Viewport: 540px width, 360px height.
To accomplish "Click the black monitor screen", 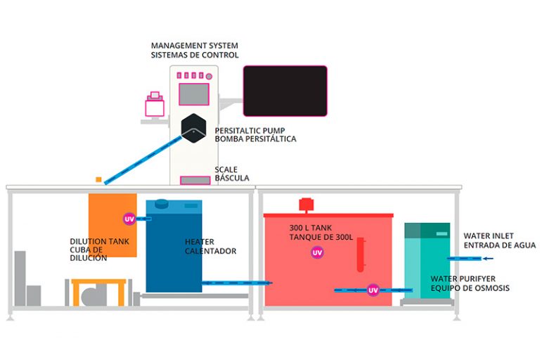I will (x=285, y=91).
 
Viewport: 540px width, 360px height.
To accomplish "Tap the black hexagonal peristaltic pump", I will (x=193, y=127).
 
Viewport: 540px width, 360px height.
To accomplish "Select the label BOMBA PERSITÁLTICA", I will (x=255, y=139).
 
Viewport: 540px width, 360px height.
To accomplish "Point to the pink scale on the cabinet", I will (x=195, y=181).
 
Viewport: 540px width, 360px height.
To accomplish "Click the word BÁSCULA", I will (x=232, y=178).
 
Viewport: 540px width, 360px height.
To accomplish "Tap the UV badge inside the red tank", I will (x=317, y=252).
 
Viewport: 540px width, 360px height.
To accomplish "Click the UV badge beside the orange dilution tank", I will (x=129, y=219).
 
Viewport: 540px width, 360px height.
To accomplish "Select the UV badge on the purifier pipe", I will (x=373, y=289).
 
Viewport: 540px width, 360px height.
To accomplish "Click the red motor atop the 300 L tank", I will (x=306, y=205).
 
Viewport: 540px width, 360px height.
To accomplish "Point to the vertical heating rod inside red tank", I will (x=360, y=255).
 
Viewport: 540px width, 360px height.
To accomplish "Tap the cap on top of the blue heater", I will (x=162, y=205).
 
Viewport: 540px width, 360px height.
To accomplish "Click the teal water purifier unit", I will (x=427, y=260).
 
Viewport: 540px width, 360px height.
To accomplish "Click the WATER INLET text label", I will (x=489, y=236).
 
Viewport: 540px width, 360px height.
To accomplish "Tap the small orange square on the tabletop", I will (x=99, y=179).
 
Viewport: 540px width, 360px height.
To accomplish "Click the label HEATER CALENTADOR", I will (x=210, y=246).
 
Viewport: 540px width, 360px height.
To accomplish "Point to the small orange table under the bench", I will (x=98, y=291).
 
